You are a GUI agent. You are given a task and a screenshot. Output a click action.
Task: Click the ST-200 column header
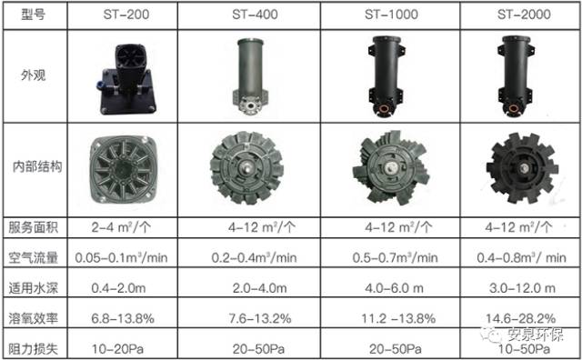(126, 15)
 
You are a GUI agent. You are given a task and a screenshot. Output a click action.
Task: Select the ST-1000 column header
(391, 15)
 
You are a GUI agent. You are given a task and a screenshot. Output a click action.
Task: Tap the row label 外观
(33, 75)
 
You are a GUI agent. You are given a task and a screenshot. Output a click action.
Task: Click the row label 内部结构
(37, 166)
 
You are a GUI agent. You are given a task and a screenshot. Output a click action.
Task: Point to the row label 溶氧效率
(34, 318)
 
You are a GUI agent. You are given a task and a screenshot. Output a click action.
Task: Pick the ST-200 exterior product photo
(124, 79)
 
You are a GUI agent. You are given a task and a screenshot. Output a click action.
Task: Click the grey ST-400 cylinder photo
(251, 75)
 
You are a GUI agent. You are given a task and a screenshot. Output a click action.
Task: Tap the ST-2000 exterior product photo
(516, 76)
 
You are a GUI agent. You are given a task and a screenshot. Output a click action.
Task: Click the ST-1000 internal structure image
(391, 168)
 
